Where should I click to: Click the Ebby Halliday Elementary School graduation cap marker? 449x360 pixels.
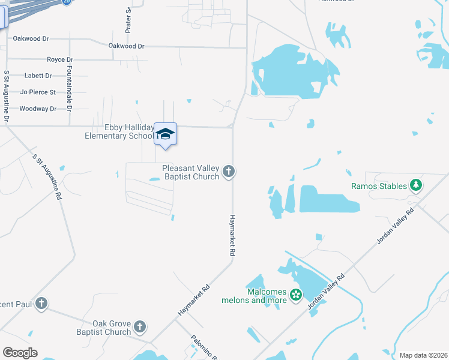165,134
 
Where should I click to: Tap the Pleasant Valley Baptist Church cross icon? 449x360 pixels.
228,172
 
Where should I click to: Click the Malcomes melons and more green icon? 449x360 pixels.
295,295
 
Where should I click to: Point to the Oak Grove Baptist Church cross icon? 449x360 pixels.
139,327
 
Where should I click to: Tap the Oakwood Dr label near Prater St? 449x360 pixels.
127,46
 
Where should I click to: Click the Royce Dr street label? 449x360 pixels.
59,60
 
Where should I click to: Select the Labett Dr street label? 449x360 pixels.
38,76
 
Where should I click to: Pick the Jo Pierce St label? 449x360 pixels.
38,92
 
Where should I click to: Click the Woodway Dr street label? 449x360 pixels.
38,109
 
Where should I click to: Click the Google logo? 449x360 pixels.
20,353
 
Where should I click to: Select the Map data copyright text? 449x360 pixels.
423,355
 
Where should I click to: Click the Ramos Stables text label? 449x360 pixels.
379,186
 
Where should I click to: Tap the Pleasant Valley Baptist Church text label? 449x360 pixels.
190,172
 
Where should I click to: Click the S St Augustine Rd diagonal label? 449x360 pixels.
47,177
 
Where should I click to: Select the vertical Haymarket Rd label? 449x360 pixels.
231,235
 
